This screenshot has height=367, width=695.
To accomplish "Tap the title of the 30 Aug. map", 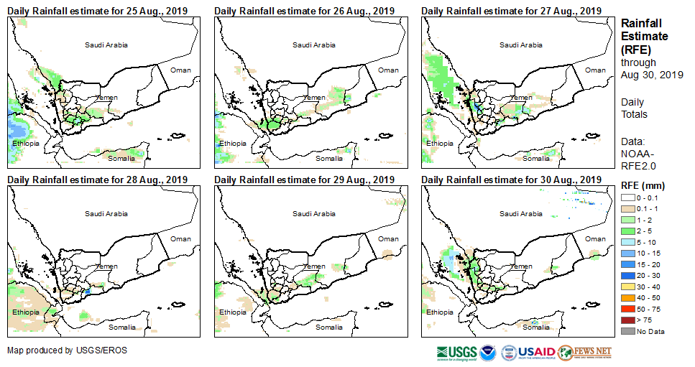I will pos(512,180).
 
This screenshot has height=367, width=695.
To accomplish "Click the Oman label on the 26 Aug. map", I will pos(388,70).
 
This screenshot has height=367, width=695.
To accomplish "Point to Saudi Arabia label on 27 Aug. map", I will pos(520,45).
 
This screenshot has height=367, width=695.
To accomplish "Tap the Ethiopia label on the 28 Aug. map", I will pos(26,312).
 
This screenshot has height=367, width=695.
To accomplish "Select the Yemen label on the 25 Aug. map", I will pos(107,98).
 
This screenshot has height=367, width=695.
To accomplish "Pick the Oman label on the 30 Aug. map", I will pos(595,239).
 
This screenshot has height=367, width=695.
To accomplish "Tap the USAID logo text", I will pos(537,352).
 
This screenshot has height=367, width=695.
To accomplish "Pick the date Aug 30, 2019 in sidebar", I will pos(651,75).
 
